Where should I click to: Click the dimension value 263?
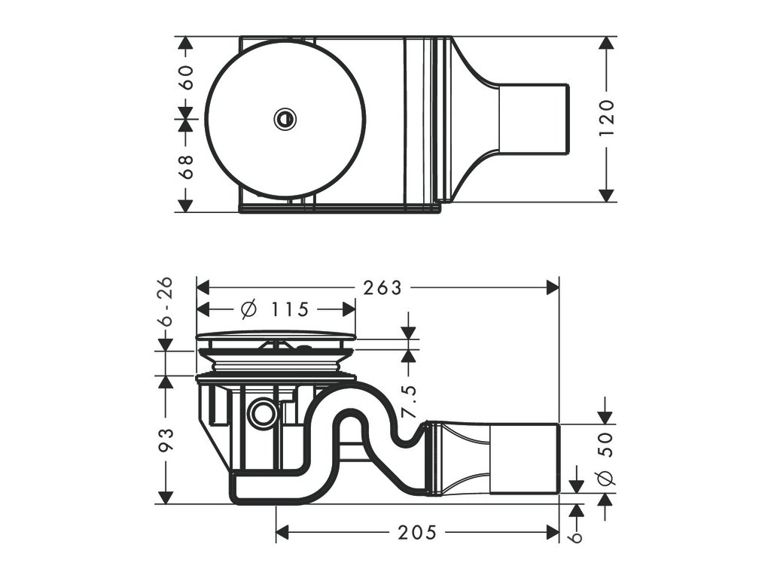tap(382, 287)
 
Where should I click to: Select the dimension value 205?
tap(416, 533)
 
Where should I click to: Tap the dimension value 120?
tap(608, 117)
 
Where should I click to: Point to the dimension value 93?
tap(166, 440)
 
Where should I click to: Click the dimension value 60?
tap(186, 77)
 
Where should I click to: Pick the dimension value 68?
tap(186, 165)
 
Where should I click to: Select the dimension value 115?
tap(290, 309)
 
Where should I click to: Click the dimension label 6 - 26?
tap(166, 301)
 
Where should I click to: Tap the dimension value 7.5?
tap(409, 402)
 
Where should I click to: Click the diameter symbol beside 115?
tap(248, 309)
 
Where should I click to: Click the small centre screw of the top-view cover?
tap(285, 118)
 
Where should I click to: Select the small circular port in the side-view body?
tap(263, 413)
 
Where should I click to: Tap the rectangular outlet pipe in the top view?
tap(533, 119)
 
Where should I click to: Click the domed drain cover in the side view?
tap(275, 336)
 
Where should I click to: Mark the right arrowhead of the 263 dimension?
tap(553, 287)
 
